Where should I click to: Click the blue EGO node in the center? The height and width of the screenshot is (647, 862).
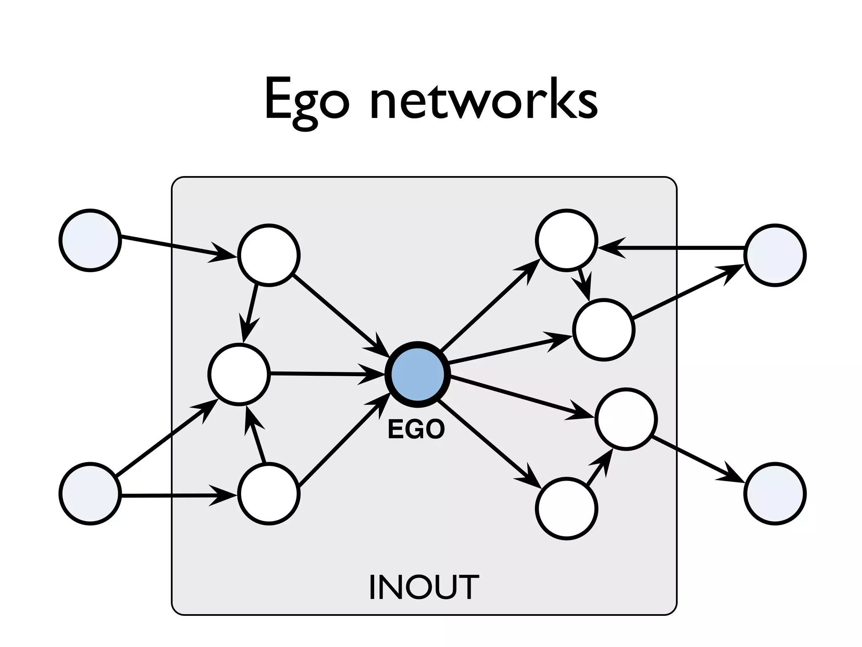(418, 374)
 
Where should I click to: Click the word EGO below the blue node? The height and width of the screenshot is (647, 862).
(416, 430)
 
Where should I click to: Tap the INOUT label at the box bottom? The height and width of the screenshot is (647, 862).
(423, 587)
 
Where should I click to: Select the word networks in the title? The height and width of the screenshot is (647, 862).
(484, 100)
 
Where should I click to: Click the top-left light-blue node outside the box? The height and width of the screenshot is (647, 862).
(90, 240)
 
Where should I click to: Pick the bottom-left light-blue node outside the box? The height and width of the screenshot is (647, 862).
(90, 494)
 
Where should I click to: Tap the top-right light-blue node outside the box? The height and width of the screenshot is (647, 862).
(775, 255)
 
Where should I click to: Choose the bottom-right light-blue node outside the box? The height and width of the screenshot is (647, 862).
(775, 494)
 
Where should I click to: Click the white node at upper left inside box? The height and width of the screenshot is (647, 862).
(269, 255)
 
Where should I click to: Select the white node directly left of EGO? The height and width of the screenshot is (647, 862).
(239, 374)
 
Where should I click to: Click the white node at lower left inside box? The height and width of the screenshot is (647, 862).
(269, 494)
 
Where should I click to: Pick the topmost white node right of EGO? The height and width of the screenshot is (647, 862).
(567, 240)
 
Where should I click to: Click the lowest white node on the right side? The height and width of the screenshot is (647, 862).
(567, 508)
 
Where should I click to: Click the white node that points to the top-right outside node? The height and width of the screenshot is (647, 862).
(604, 330)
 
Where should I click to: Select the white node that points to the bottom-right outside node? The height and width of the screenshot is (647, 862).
(626, 419)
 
